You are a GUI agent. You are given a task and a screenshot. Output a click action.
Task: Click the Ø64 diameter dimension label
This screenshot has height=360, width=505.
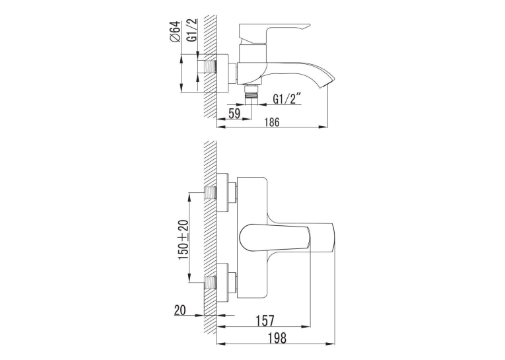pyautogui.click(x=174, y=32)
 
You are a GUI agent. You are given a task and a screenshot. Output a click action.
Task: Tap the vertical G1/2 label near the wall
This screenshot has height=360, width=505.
pyautogui.click(x=191, y=30)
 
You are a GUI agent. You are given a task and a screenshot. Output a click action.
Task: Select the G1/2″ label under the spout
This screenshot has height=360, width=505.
pyautogui.click(x=287, y=98)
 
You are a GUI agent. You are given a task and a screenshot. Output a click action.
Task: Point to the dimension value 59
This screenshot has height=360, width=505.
pyautogui.click(x=234, y=113)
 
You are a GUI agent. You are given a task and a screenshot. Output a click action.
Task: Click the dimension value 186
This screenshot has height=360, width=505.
pyautogui.click(x=272, y=122)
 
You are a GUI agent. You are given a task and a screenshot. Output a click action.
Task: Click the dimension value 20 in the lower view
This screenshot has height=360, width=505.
pyautogui.click(x=180, y=310)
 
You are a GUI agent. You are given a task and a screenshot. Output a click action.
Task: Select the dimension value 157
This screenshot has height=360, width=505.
pyautogui.click(x=265, y=320)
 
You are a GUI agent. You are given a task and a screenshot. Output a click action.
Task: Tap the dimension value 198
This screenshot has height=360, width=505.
pyautogui.click(x=277, y=338)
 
